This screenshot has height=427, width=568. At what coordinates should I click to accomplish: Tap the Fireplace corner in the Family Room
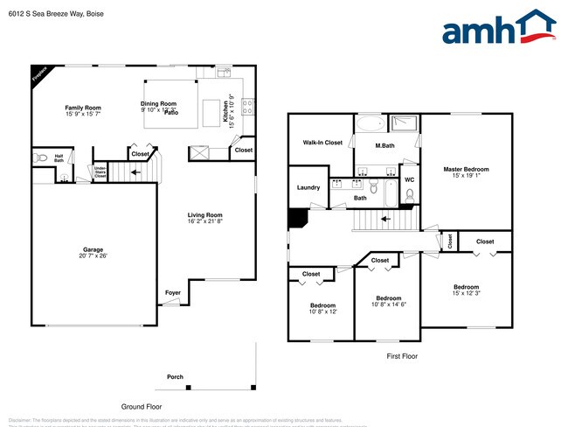pos(38,73)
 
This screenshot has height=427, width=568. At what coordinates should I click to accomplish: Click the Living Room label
pos(204,215)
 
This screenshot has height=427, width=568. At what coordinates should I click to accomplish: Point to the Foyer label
pos(173,292)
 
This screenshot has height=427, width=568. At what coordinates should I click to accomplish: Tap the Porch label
pos(175,377)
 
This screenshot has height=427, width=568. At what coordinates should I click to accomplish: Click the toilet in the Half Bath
pos(39,158)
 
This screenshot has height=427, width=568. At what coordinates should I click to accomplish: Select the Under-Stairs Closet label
pos(100,171)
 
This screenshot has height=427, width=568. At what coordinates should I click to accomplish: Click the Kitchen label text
pos(225,110)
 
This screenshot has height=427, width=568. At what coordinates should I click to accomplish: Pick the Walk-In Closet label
pos(322,142)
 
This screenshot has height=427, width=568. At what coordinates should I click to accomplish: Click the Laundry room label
pos(308,187)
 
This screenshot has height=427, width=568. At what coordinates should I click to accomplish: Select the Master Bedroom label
pos(466,169)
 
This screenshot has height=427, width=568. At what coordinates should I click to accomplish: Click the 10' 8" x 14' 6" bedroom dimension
pos(389,304)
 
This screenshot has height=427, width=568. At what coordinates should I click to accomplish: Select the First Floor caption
pos(401,357)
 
